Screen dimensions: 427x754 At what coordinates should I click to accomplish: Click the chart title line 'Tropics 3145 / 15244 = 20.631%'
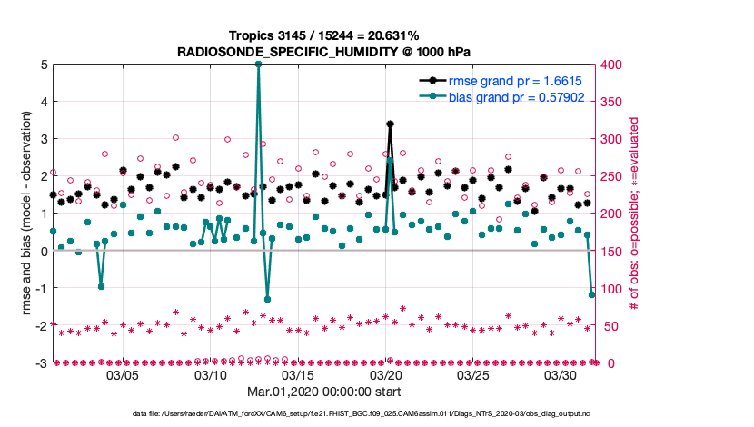tap(323, 35)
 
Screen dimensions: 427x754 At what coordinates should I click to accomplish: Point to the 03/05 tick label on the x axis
tap(123, 374)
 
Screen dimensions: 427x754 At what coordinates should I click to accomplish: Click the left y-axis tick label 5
tap(44, 65)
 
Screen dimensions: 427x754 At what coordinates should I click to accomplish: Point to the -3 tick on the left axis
tap(41, 363)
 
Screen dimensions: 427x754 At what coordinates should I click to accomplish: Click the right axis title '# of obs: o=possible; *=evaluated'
tap(635, 213)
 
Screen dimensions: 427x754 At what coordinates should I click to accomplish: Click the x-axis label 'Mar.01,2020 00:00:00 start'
tap(323, 392)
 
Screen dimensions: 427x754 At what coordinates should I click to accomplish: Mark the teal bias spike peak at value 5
tap(258, 65)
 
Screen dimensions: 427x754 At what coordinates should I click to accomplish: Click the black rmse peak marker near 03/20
tap(390, 124)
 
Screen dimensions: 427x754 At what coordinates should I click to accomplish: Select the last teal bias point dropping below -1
tap(592, 294)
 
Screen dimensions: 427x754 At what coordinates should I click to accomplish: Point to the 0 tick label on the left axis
tap(44, 252)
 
